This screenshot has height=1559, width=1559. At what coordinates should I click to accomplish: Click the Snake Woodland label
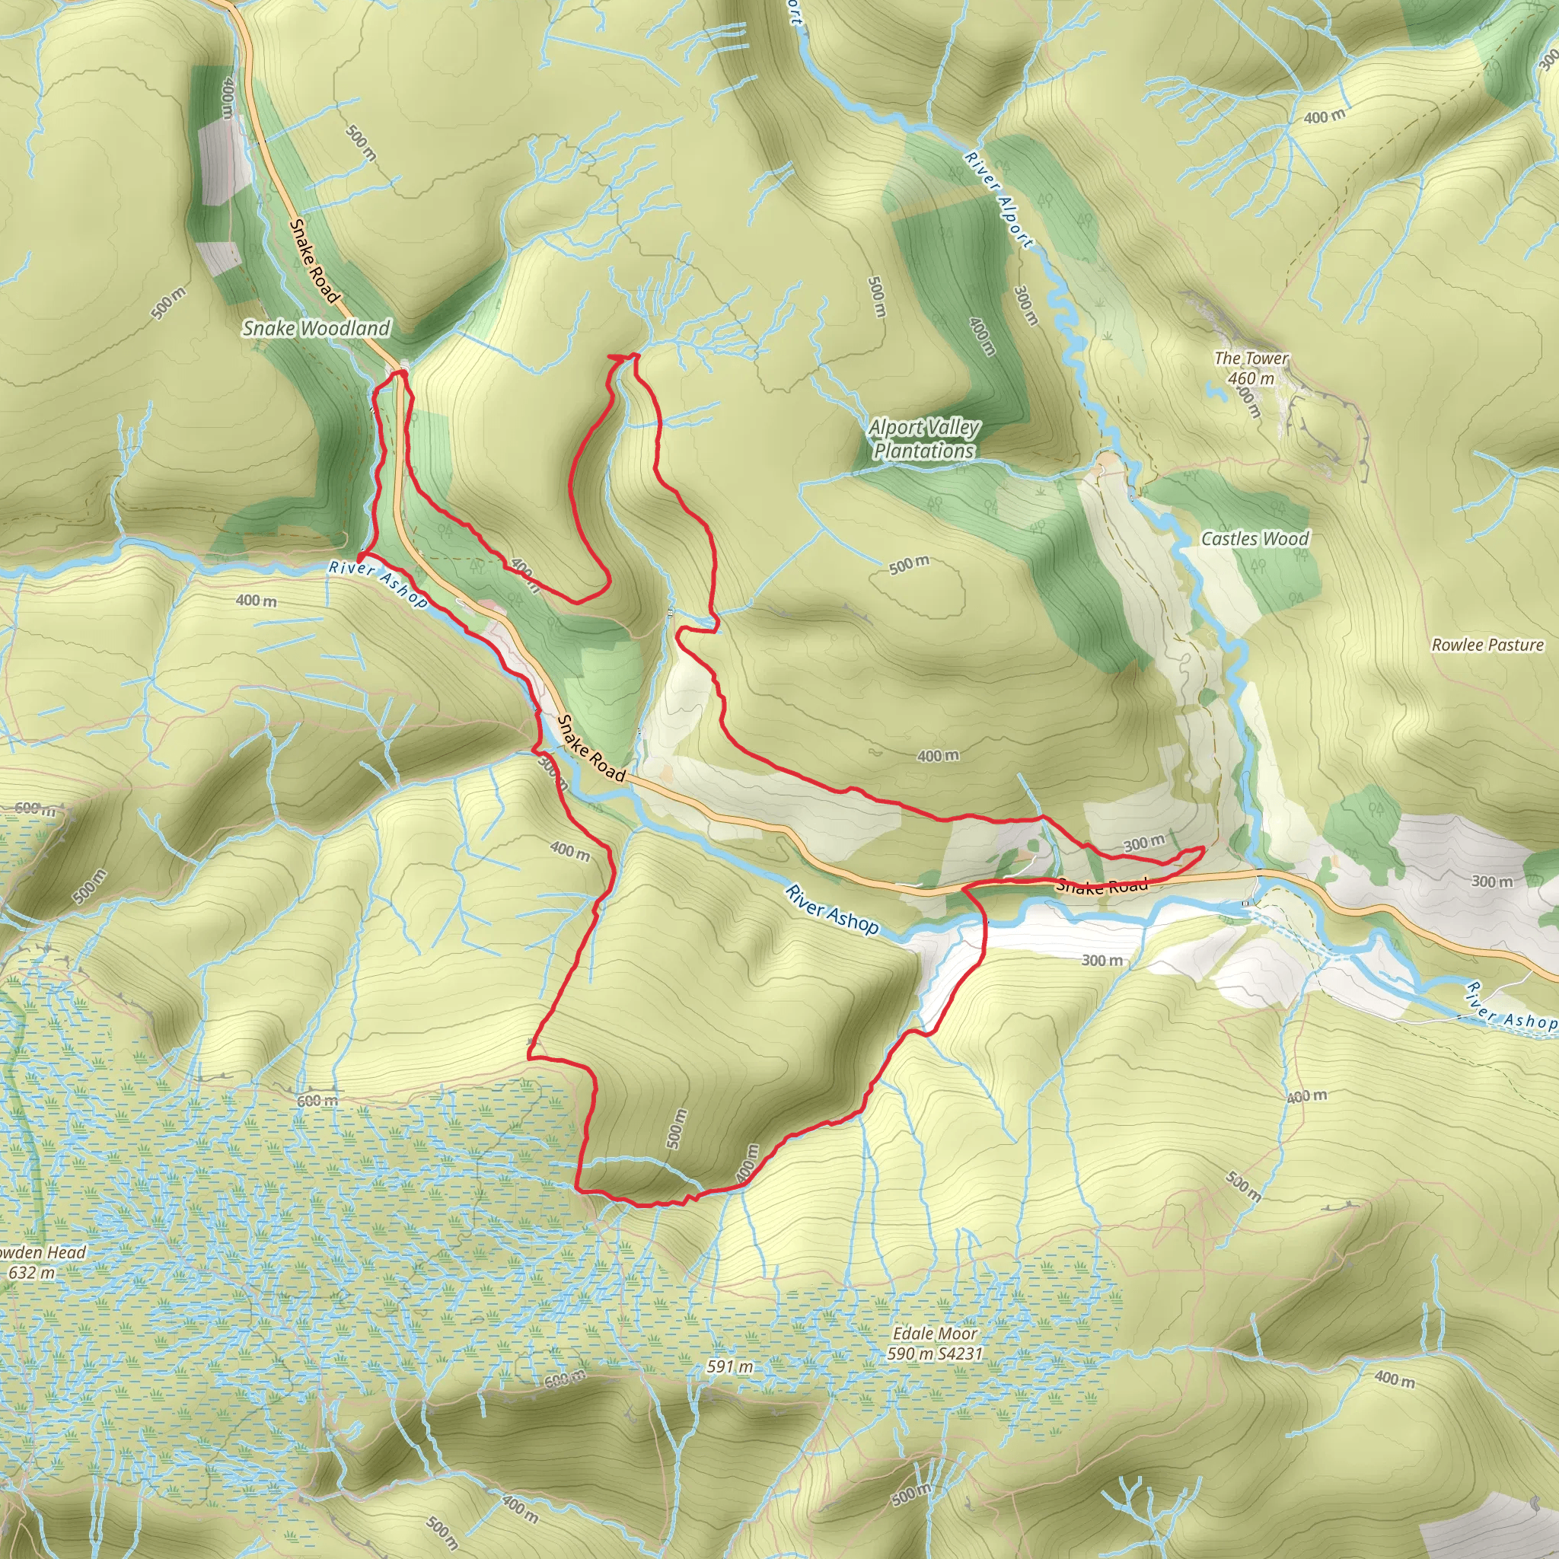click(317, 327)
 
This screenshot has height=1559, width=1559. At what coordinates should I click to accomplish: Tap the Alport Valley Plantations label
click(924, 438)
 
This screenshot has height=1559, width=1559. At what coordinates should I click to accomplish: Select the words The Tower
click(1251, 358)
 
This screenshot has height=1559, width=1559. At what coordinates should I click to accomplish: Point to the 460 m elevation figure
click(1251, 378)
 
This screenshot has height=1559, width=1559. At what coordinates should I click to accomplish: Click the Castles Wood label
click(1255, 538)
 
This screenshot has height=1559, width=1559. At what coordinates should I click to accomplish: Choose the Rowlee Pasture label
click(1487, 645)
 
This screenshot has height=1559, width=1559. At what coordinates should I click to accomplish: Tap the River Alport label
click(998, 199)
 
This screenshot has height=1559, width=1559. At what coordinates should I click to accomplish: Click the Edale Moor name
click(935, 1334)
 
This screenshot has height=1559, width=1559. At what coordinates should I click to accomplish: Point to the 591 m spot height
click(730, 1366)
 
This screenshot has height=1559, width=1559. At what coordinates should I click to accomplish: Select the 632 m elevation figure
click(32, 1273)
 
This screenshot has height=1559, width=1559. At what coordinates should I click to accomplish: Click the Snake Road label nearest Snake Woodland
click(314, 260)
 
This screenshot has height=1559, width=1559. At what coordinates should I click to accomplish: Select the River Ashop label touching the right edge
click(1510, 1009)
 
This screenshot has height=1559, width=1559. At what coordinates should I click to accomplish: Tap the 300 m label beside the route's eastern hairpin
click(1144, 843)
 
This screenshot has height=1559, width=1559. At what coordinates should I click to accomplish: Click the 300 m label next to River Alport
click(1024, 307)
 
